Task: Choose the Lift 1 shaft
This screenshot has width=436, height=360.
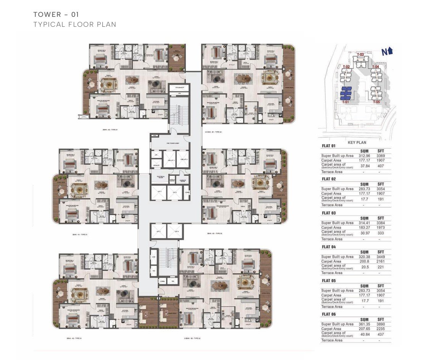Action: tap(158, 192)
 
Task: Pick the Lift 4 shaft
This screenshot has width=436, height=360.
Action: tap(176, 232)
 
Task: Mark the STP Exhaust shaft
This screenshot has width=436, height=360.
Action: tap(179, 87)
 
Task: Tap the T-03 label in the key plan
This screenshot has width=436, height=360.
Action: tap(360, 55)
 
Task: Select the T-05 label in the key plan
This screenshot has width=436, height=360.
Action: tap(376, 102)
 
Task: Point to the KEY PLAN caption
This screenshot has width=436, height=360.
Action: tap(357, 142)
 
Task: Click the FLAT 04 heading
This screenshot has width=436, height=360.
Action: tap(328, 247)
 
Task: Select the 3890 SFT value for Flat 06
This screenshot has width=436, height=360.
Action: tap(380, 324)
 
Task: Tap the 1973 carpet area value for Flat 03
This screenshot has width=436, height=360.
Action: tap(380, 227)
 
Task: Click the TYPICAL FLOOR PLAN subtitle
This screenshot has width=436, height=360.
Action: tap(74, 24)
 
